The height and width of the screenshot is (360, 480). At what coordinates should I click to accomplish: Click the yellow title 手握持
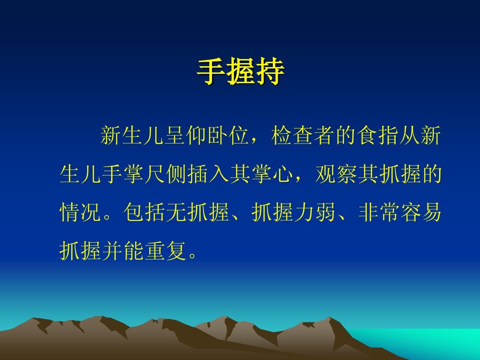240,72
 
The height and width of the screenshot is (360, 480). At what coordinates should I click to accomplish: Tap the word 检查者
303,135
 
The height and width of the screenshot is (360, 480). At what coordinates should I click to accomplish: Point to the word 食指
378,135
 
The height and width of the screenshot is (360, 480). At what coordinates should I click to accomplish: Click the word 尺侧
165,174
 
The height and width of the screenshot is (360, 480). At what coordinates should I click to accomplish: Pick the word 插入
208,174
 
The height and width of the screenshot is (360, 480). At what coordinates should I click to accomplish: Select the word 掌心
272,174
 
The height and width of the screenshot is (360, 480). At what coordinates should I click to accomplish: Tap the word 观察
336,174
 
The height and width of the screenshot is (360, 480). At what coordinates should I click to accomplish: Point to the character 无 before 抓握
176,212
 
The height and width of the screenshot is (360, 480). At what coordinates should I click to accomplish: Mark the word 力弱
315,212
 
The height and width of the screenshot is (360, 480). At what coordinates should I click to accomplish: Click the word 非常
379,212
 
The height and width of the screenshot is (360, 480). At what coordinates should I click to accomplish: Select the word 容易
421,212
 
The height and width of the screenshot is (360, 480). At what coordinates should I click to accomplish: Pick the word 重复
166,251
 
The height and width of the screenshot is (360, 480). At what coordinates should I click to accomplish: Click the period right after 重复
193,256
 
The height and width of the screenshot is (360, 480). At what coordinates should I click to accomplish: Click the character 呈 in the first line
175,135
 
